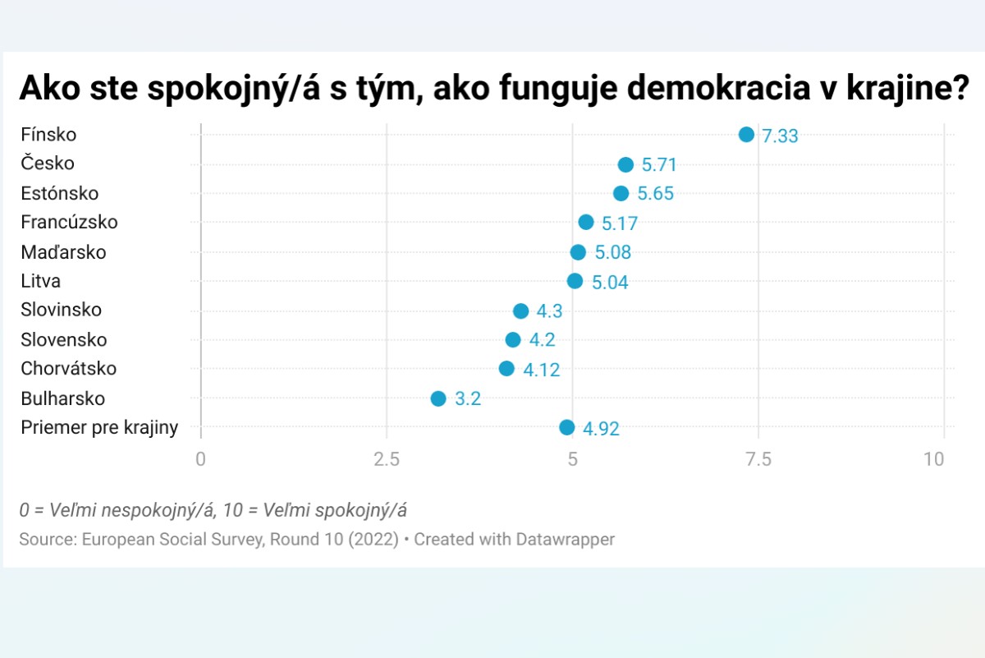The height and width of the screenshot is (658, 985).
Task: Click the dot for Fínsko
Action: [746, 135]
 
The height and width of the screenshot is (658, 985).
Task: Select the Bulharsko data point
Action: [438, 398]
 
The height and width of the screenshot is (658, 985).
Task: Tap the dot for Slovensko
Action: [513, 340]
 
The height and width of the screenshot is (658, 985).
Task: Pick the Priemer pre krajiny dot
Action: [567, 427]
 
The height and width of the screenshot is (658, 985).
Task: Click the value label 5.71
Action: [659, 165]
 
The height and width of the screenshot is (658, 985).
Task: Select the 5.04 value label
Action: [610, 283]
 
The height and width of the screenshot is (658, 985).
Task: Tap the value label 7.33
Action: [780, 136]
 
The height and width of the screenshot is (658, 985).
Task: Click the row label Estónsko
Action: [60, 193]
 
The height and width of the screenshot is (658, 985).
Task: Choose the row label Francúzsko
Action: [70, 222]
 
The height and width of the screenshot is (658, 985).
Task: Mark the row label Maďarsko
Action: [64, 252]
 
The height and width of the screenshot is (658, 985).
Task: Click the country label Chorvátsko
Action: [69, 368]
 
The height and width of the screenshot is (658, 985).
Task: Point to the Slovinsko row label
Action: [62, 310]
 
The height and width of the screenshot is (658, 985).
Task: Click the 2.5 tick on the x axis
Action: [387, 459]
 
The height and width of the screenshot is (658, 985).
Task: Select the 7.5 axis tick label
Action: [758, 459]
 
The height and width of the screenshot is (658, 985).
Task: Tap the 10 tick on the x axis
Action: [935, 459]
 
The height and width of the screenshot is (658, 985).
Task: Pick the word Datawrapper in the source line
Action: [566, 540]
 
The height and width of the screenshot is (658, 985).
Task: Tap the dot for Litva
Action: [575, 281]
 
